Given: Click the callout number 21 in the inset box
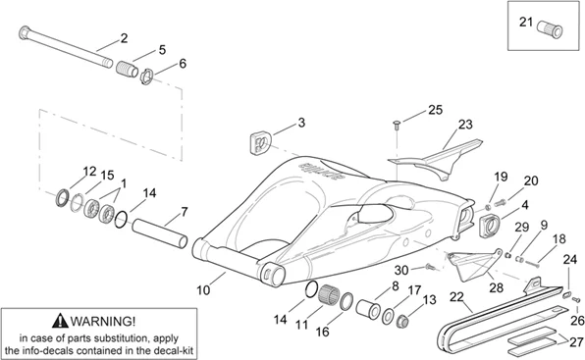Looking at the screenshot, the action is pos(526,22).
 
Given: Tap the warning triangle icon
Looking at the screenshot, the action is pos(60,321).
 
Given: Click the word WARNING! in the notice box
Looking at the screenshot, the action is pos(103,321).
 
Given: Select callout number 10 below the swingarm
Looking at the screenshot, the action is pos(203,290).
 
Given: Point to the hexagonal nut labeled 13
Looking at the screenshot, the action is pos(402,320).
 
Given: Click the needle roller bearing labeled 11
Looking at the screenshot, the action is pos(329,294).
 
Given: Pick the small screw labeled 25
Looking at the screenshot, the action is pos(397,125).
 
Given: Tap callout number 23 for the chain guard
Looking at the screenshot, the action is pos(465,125).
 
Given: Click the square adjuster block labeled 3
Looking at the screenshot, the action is pos(260,142).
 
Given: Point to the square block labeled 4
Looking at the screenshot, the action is pos(489,224).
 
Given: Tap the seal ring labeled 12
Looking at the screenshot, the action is pos(62,198).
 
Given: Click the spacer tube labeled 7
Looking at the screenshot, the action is pos(160,232).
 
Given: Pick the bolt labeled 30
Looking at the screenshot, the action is pos(430,267).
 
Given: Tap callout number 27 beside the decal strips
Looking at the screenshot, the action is pos(576,342).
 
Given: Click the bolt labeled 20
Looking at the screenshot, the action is pos(501,203).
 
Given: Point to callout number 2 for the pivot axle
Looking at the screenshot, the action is pos(124,38).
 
